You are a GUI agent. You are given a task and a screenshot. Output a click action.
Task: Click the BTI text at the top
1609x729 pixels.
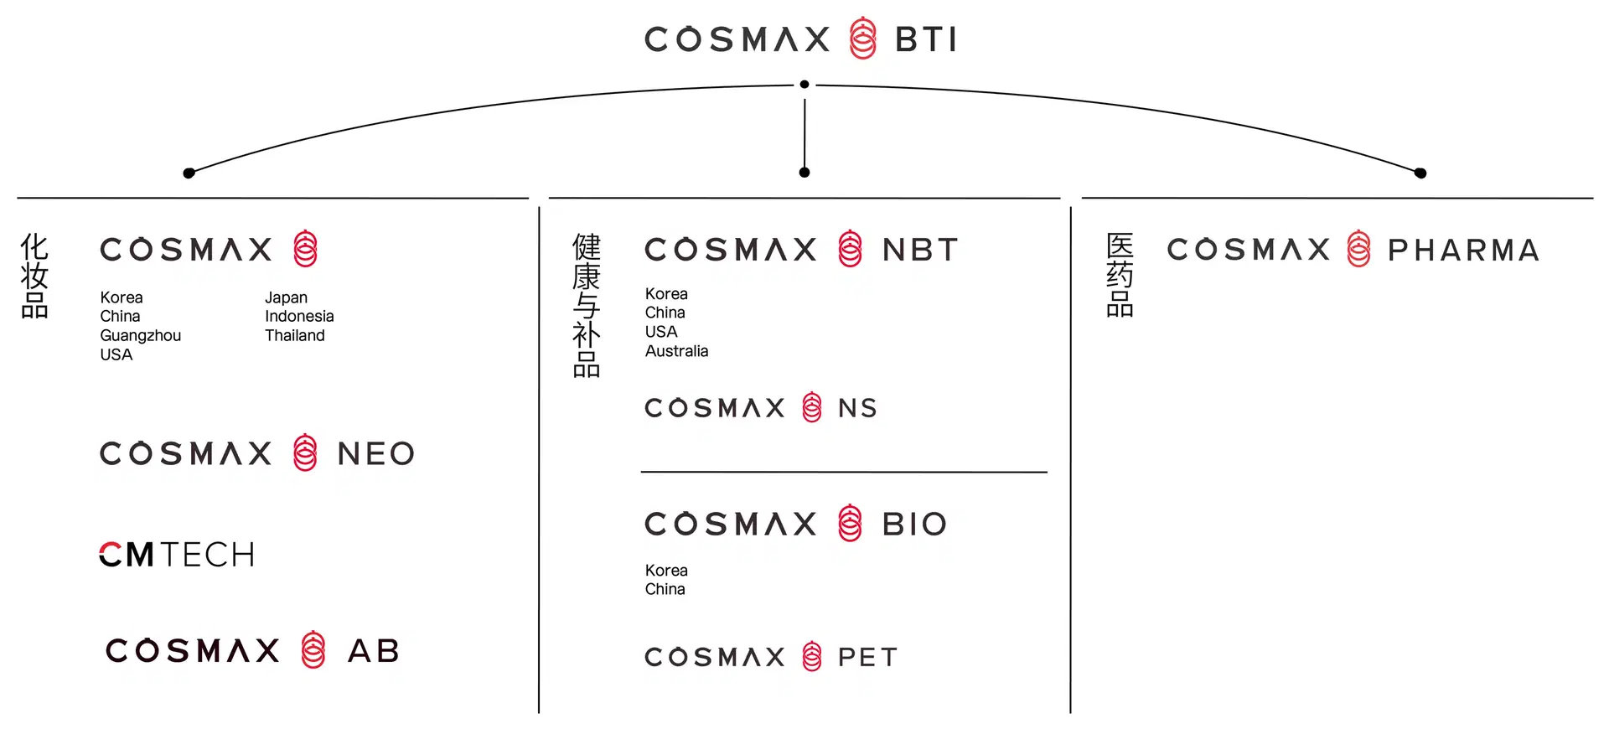coord(925,39)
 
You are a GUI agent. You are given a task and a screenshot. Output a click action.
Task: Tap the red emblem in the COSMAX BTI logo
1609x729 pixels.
coord(862,39)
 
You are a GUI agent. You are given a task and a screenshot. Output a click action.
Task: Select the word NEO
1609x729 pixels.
coord(375,454)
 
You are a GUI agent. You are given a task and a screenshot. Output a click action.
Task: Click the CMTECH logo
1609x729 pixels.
coord(177,555)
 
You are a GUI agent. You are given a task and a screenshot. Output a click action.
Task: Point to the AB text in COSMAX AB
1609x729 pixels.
coord(374,651)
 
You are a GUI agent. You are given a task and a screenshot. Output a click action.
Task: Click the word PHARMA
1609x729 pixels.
coord(1463,250)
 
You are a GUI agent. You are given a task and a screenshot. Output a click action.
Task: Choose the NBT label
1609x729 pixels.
coord(920,250)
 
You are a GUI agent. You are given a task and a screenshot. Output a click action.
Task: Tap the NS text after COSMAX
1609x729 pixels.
coord(857,408)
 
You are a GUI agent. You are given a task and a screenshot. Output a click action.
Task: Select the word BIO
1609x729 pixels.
coord(914,525)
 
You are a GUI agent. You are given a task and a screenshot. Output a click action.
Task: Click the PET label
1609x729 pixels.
coord(867,657)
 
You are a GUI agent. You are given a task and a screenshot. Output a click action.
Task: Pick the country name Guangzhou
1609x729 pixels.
coord(140,335)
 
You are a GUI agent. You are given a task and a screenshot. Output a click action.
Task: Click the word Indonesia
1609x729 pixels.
coord(299,316)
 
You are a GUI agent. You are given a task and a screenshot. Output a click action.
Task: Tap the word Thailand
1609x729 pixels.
coord(294,335)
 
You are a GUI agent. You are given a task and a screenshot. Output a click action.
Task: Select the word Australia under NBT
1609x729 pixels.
coord(676,351)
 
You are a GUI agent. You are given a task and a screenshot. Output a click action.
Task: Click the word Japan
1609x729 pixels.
coord(286,297)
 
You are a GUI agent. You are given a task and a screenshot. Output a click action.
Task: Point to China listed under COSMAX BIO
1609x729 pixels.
coord(665,589)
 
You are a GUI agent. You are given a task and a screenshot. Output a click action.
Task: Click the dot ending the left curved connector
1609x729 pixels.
coord(189,173)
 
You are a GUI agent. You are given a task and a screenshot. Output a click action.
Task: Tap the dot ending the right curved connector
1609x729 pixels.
coord(1420,173)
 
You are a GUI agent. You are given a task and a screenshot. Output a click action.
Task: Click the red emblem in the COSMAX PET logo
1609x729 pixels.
coord(811,657)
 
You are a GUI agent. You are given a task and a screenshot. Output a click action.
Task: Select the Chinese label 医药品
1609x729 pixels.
coord(1120,275)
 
